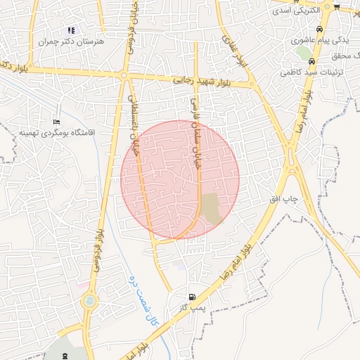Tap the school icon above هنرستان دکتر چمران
(x=70, y=31)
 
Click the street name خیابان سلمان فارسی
(x=196, y=130)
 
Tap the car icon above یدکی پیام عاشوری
(x=320, y=30)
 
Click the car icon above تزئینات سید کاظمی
(x=321, y=61)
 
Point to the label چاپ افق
(x=285, y=199)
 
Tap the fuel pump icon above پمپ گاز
(x=192, y=297)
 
